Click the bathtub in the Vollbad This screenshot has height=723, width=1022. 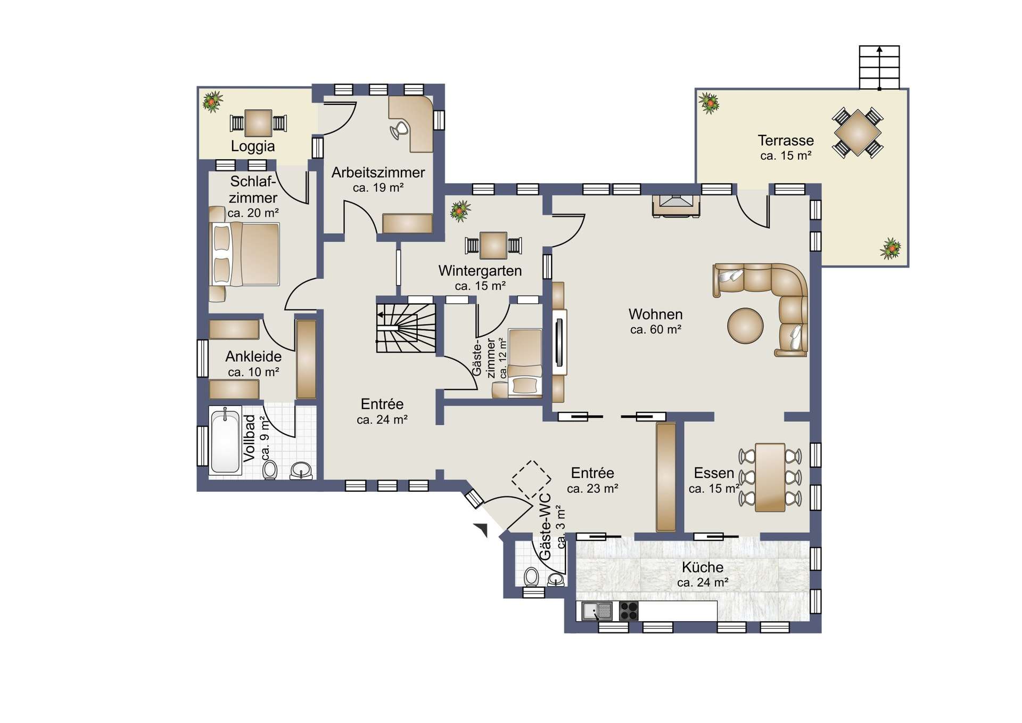[x=225, y=441]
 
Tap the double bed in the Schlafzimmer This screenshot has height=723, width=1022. [x=245, y=254]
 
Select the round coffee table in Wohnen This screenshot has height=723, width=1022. [x=745, y=326]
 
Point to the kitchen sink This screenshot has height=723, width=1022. [x=597, y=611]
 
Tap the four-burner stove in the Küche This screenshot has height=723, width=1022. [x=629, y=611]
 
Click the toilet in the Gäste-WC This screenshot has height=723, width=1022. [x=531, y=577]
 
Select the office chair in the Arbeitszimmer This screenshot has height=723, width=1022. [x=399, y=130]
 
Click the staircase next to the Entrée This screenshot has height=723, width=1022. [x=406, y=328]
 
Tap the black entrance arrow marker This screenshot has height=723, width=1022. [x=481, y=530]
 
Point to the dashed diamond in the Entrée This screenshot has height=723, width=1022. [x=531, y=480]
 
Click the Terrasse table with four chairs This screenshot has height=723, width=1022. [x=858, y=133]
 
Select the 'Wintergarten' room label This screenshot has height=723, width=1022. [x=480, y=271]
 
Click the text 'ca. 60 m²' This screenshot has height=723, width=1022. [x=656, y=330]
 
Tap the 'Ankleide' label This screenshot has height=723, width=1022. [x=253, y=356]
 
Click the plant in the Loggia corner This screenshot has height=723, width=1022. [x=212, y=101]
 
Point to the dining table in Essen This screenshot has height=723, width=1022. [x=770, y=477]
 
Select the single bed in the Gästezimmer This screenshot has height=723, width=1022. [x=525, y=362]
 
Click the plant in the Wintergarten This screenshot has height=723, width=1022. [x=460, y=211]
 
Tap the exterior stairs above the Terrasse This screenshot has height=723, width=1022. [x=879, y=68]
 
